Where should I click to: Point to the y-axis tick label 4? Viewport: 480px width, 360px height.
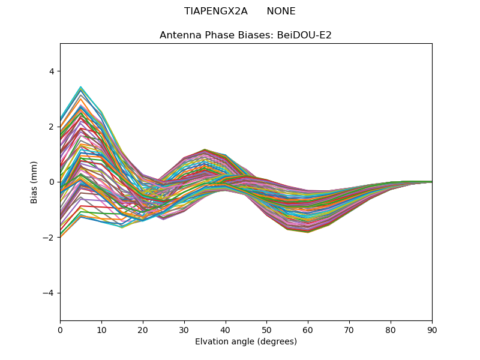click(51, 71)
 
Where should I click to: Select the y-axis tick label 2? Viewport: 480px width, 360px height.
click(51, 127)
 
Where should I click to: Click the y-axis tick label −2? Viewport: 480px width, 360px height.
click(49, 238)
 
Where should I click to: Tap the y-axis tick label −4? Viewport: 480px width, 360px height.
click(49, 293)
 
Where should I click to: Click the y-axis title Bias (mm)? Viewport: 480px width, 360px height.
click(34, 182)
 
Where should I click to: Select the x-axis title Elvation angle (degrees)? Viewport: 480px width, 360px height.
click(246, 342)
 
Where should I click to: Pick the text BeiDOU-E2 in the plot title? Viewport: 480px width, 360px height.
click(303, 35)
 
